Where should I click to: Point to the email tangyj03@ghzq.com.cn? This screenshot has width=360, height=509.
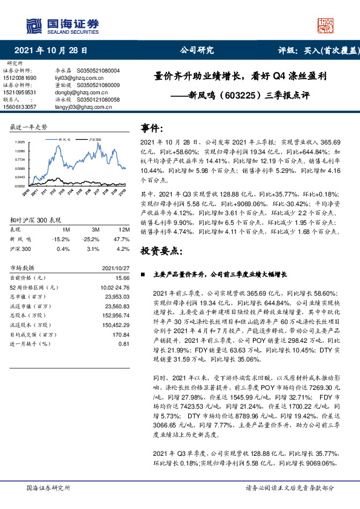click(77, 106)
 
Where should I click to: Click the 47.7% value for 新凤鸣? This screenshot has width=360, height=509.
click(122, 239)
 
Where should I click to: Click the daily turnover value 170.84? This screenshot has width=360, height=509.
click(122, 334)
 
